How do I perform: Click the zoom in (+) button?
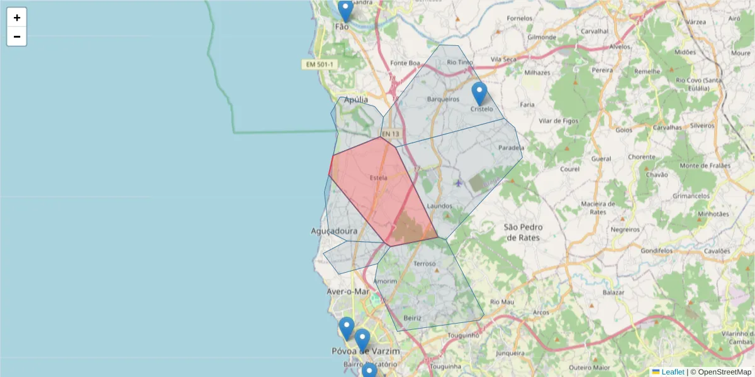(x=17, y=18)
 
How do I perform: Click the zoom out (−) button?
(x=17, y=36)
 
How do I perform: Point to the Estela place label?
(x=379, y=178)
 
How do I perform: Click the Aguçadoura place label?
(x=334, y=231)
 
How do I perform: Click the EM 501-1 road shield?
(x=320, y=65)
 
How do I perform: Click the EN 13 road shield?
(x=391, y=134)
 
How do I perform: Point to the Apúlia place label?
(x=356, y=99)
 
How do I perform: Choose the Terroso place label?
(x=425, y=264)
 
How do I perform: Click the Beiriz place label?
(x=413, y=318)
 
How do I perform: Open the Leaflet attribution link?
(x=673, y=372)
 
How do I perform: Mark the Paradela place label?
(x=511, y=148)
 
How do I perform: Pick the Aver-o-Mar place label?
(x=348, y=292)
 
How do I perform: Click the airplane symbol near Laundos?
(x=458, y=183)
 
